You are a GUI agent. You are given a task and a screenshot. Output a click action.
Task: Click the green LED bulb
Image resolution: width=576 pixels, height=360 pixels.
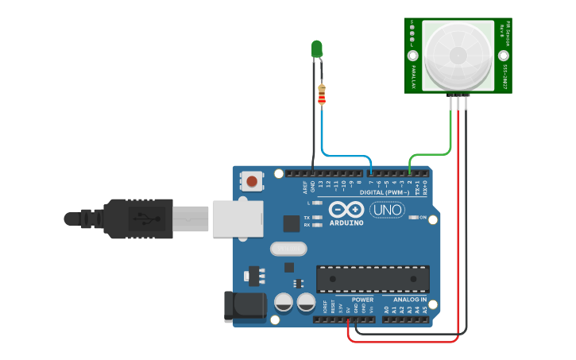[x=317, y=49]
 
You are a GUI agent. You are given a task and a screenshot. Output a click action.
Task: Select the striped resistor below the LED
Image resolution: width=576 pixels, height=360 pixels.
[x=321, y=95]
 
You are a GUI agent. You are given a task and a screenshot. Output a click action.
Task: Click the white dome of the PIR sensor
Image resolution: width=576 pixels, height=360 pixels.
[x=458, y=53]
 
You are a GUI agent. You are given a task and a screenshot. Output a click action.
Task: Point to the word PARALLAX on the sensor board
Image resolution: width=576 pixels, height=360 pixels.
[x=415, y=76]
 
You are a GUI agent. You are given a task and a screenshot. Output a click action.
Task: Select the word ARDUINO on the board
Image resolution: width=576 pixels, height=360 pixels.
[x=346, y=223]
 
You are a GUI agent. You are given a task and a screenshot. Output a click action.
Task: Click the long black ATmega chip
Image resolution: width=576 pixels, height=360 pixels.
[x=372, y=279]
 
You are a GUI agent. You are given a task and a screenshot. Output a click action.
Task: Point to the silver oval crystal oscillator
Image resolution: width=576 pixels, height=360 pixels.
[x=288, y=249]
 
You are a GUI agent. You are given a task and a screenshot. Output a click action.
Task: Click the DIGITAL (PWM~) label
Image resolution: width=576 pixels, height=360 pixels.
[x=385, y=192]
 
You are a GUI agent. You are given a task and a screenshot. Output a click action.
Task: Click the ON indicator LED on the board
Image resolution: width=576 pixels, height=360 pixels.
[x=412, y=218]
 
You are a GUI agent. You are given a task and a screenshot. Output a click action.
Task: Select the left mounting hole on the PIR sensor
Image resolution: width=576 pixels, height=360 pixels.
[x=413, y=56]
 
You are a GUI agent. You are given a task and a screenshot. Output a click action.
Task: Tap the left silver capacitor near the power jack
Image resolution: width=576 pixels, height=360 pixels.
[x=284, y=302]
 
